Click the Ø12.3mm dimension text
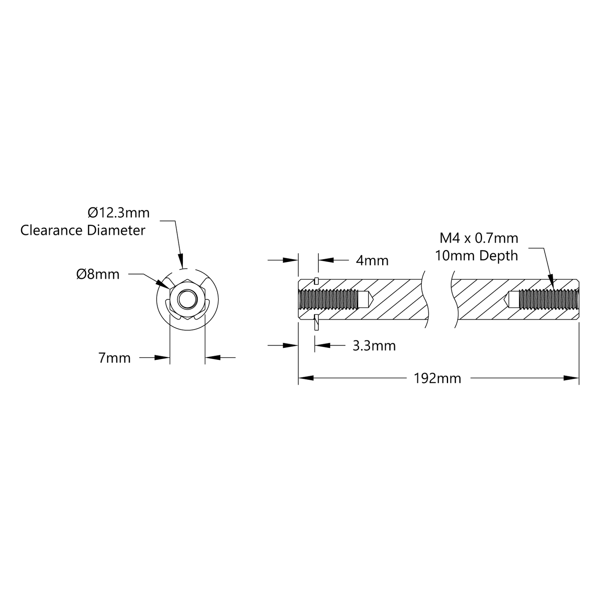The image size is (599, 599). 119,213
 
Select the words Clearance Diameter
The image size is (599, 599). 83,230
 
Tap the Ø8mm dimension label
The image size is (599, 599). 98,274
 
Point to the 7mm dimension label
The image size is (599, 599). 114,358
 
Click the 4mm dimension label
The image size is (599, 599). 372,261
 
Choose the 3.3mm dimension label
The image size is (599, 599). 374,346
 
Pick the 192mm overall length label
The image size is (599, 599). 437,378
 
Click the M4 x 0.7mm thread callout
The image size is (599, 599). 479,238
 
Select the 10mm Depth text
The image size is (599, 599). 476,256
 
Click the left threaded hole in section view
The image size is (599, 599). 327,300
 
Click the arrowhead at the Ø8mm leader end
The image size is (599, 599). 162,284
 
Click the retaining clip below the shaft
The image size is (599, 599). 317,322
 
